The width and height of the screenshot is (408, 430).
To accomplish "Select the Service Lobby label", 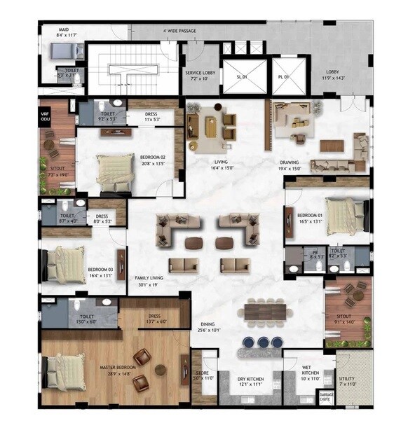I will (x=198, y=73).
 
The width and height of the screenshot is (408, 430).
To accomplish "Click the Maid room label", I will (x=63, y=30).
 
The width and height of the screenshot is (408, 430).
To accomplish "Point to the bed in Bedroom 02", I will (x=114, y=172).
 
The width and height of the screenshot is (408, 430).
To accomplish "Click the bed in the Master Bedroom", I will (x=67, y=371).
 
